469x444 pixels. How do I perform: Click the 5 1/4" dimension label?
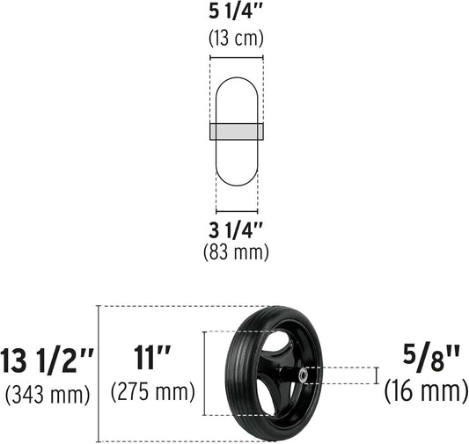pyautogui.click(x=236, y=12)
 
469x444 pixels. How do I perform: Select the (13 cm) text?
pyautogui.click(x=236, y=38)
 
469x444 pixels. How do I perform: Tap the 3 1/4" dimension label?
pyautogui.click(x=236, y=230)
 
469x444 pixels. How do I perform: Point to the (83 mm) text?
pyautogui.click(x=236, y=251)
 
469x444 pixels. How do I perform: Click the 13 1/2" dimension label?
pyautogui.click(x=48, y=360)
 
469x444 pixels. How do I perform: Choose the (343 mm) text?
pyautogui.click(x=48, y=394)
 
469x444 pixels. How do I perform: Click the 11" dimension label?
pyautogui.click(x=152, y=358)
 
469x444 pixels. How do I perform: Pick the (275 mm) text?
pyautogui.click(x=153, y=391)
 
